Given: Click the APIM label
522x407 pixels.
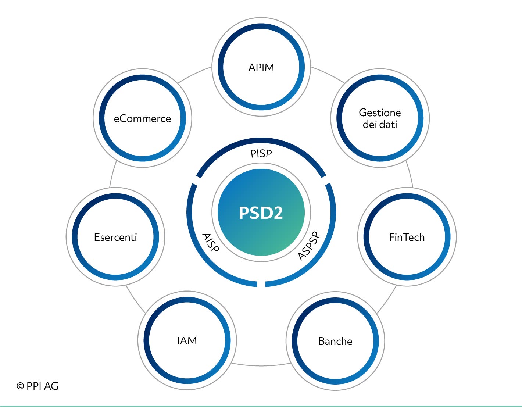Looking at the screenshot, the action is [261, 68].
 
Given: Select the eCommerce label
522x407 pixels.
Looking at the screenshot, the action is [142, 119].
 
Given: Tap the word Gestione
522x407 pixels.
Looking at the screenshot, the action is [380, 113].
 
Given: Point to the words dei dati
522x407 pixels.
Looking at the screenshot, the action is [380, 125].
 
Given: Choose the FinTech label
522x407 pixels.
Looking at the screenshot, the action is [407, 238].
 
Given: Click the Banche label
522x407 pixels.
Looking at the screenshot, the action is [335, 341].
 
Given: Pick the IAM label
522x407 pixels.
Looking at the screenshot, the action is [187, 341].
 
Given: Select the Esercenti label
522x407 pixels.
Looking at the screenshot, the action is [115, 238].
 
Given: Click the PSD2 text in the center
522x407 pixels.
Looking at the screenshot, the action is [261, 213].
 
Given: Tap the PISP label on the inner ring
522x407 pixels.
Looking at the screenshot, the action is [261, 154].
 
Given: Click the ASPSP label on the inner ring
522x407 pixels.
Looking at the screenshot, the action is [309, 246].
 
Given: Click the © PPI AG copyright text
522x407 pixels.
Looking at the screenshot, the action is [37, 386].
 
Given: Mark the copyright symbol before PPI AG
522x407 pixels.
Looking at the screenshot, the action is [20, 386].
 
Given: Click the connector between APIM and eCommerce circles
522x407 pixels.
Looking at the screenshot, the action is [194, 74].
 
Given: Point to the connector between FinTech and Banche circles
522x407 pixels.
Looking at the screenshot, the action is [387, 300].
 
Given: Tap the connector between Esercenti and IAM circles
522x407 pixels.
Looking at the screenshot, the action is [135, 300].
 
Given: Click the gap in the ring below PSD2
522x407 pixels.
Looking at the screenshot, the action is [261, 284].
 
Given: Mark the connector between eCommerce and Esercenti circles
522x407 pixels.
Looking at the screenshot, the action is [112, 174].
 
